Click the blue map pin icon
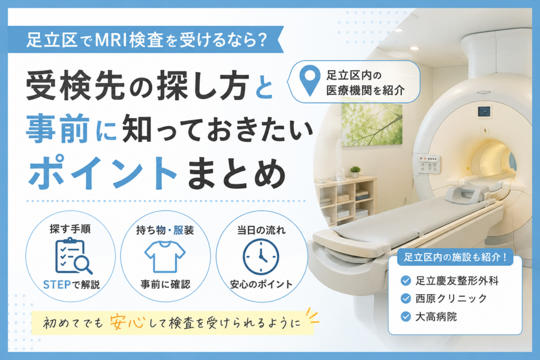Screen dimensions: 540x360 [310, 80]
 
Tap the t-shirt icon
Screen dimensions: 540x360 [165, 256]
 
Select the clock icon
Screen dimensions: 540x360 [261, 256]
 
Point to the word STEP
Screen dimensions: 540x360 [57, 285]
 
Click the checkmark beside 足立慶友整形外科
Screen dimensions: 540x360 [406, 281]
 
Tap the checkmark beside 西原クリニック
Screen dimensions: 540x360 [406, 298]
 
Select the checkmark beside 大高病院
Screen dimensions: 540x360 [406, 316]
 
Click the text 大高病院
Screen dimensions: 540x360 [436, 316]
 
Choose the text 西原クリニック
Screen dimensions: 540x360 [451, 298]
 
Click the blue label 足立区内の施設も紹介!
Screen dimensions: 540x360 [455, 257]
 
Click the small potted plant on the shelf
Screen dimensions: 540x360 [355, 171]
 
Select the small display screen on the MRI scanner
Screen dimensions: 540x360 [484, 112]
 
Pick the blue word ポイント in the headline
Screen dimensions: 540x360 [102, 173]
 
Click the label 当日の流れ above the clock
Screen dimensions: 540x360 [262, 230]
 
